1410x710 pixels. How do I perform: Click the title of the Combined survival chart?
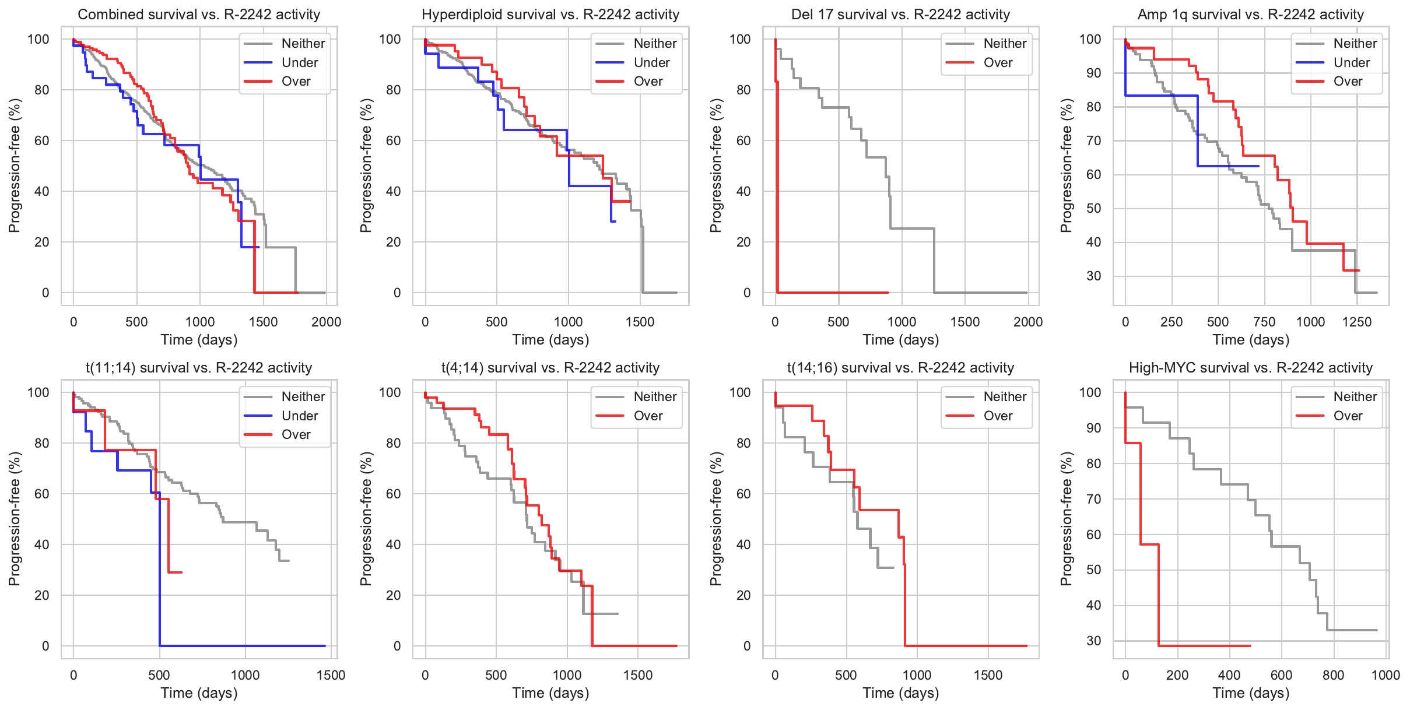coord(199,15)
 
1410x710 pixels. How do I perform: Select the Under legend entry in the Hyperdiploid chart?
coord(651,62)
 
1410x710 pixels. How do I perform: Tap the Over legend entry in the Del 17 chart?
coord(997,62)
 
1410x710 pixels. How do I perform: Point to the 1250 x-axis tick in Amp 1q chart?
coord(1356,322)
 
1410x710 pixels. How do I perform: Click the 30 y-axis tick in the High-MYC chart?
coord(1094,641)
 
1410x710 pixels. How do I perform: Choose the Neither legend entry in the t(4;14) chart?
coord(654,397)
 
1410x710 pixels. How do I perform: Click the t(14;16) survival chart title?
coord(900,368)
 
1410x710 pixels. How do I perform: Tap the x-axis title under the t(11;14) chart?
coord(199,693)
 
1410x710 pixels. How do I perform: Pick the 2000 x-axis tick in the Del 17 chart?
coord(1027,322)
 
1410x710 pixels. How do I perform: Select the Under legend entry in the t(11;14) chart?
coord(299,416)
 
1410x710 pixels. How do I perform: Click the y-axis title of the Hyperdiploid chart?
coord(366,166)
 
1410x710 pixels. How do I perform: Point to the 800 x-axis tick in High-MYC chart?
coord(1333,675)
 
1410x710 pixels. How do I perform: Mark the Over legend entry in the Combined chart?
coord(296,82)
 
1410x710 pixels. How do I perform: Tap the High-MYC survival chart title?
coord(1250,368)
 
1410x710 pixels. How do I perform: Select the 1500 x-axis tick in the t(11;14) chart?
coord(331,675)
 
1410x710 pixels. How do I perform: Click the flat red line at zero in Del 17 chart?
coord(834,293)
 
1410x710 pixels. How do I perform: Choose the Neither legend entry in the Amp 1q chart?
coord(1355,43)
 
